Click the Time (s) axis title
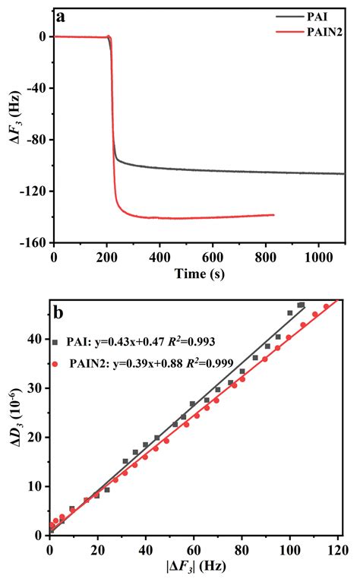[x=198, y=272]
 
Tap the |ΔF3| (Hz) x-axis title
[x=198, y=567]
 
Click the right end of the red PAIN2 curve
[x=273, y=215]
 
